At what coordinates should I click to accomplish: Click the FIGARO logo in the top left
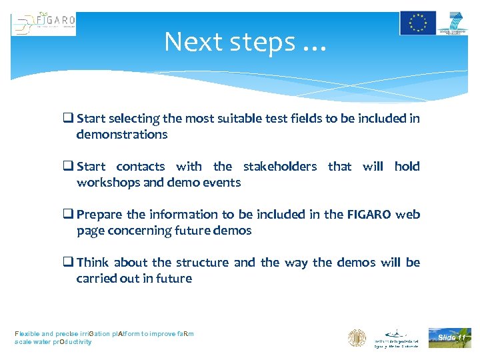43,24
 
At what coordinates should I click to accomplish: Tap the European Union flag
417,23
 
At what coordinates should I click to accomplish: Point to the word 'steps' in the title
262,42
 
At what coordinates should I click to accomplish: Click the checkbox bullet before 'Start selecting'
68,119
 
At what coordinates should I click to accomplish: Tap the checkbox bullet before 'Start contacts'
68,167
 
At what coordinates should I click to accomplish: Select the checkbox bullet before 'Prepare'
68,215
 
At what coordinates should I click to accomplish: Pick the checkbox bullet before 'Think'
68,263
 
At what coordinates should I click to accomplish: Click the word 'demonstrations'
122,135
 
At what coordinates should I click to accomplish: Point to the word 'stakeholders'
279,167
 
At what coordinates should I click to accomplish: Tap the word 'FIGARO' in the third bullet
369,215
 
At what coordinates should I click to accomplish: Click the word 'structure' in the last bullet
202,263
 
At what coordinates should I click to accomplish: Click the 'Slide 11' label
451,337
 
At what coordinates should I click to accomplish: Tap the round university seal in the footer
357,338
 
